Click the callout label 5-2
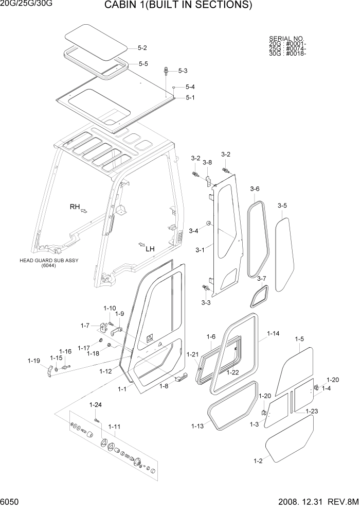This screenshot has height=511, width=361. pos(142,48)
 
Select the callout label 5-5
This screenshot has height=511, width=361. pos(143,64)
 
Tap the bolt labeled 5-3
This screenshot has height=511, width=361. pos(166,71)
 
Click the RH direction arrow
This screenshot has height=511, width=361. pos(84,210)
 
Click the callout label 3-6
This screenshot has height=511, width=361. pos(255,189)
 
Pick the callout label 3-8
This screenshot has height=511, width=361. pos(207,162)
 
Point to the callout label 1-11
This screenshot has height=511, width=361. pos(114,427)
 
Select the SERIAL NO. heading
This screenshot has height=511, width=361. pos(286,39)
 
